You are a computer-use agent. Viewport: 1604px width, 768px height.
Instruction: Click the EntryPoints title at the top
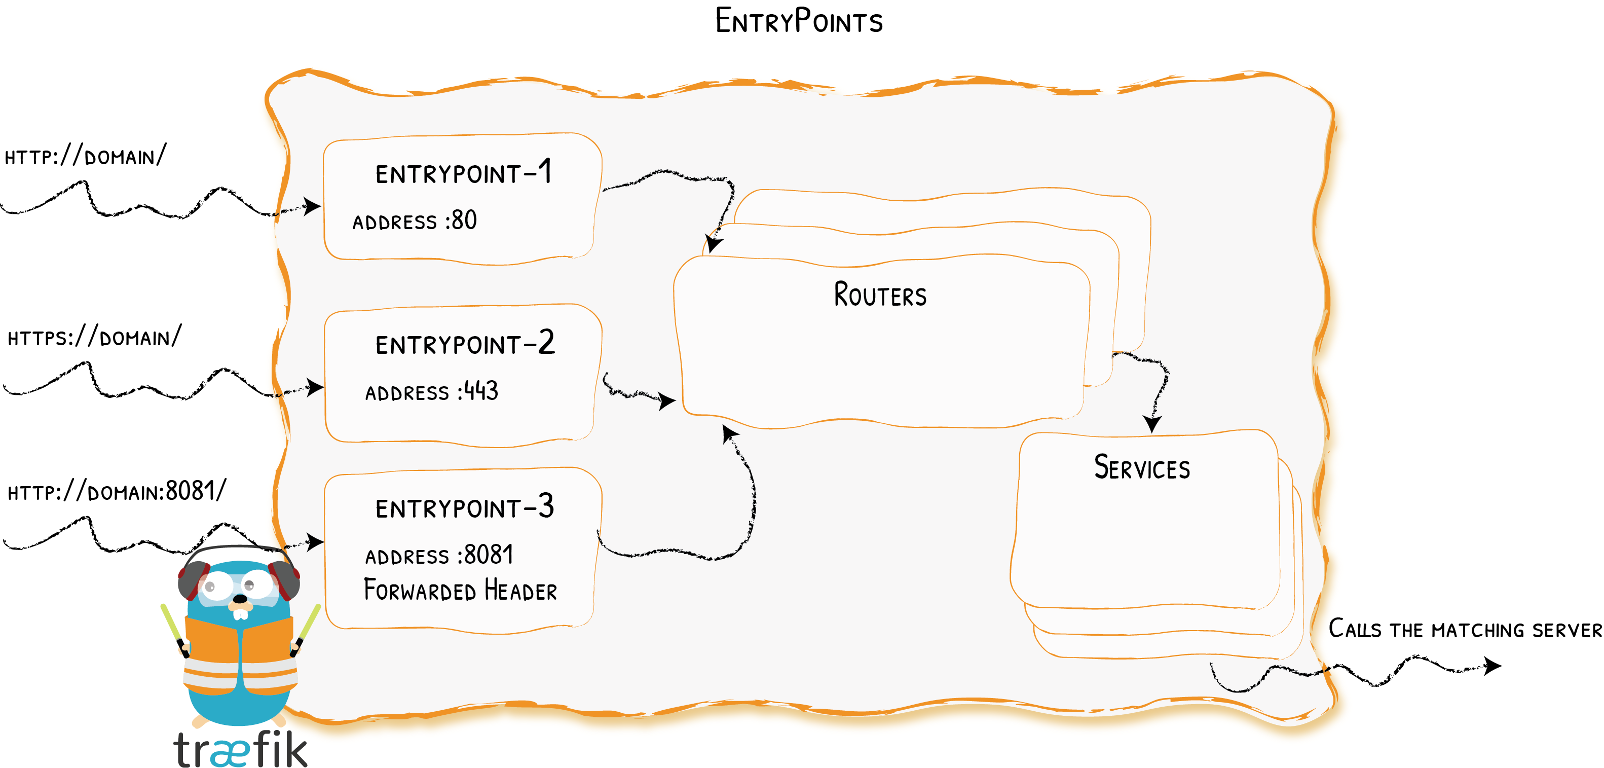click(799, 21)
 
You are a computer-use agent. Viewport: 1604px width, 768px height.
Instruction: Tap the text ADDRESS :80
click(415, 221)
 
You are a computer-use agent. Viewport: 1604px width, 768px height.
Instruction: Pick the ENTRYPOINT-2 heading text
click(465, 344)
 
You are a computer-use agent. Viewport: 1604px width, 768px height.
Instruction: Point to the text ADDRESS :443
click(431, 392)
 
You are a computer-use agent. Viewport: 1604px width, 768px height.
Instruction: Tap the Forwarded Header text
click(460, 591)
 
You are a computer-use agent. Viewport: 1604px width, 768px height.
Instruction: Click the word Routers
click(880, 295)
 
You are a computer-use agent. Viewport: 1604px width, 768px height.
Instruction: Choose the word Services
click(1142, 468)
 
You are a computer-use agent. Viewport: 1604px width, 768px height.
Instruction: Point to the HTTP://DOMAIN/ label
click(85, 156)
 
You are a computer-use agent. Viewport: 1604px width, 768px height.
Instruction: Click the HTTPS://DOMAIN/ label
click(94, 337)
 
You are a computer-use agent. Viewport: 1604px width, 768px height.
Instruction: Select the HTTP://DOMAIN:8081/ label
click(117, 491)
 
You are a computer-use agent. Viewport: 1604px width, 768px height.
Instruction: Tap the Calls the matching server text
click(1465, 629)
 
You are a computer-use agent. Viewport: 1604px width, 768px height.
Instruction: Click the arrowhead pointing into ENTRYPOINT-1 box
click(312, 206)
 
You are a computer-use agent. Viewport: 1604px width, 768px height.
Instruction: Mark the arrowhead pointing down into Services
click(1152, 425)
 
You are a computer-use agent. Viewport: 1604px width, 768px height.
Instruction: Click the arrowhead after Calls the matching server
click(1493, 666)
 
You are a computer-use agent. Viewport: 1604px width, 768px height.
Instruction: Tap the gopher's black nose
click(240, 599)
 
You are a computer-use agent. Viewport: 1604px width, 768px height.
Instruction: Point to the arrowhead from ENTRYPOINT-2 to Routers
click(667, 400)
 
